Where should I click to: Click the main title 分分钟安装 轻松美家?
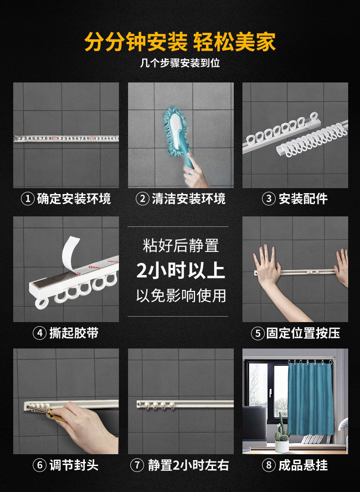[180, 42]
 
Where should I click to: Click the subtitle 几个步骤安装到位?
[180, 63]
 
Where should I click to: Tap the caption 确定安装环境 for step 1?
[74, 199]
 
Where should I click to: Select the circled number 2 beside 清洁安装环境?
[143, 199]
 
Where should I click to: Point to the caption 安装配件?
[303, 199]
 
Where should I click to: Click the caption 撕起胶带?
[74, 333]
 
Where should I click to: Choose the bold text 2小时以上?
[180, 271]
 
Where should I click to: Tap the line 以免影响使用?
[180, 295]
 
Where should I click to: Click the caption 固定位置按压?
[303, 333]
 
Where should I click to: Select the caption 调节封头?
[74, 465]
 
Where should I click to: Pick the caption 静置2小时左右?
[188, 465]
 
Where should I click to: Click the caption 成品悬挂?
[303, 465]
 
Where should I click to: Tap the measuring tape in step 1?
[66, 138]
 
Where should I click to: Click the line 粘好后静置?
[180, 246]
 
